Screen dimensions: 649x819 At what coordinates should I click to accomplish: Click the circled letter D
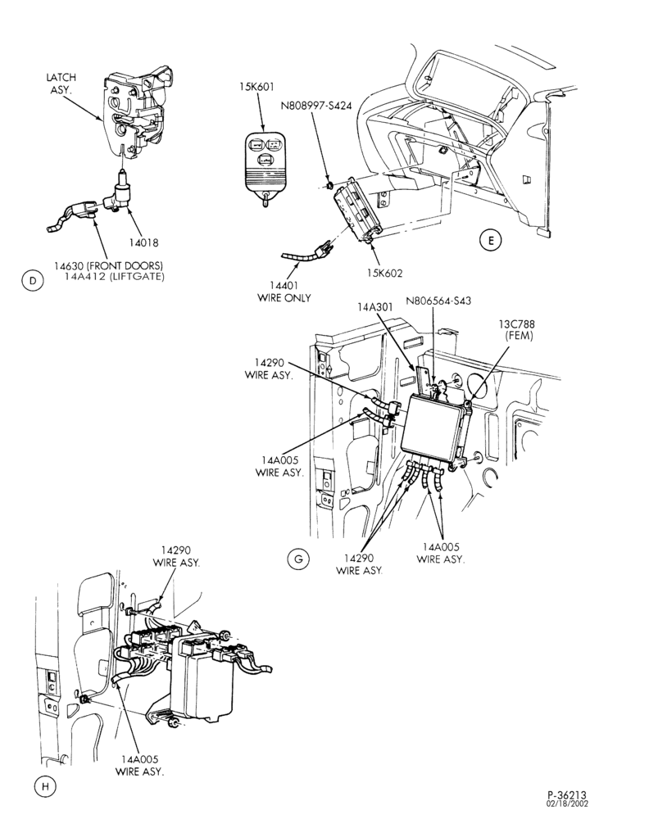click(x=33, y=281)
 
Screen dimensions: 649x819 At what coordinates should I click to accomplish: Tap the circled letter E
click(x=490, y=241)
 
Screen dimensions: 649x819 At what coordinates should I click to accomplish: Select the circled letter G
click(x=298, y=559)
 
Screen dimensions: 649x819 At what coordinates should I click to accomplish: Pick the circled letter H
click(x=45, y=786)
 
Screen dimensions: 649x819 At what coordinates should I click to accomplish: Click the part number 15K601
click(x=256, y=88)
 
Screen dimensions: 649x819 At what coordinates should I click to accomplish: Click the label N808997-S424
click(x=315, y=106)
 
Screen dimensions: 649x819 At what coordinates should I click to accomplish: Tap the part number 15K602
click(x=385, y=273)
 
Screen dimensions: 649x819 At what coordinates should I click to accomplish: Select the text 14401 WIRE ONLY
click(x=284, y=292)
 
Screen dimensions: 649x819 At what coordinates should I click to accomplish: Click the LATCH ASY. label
click(x=62, y=84)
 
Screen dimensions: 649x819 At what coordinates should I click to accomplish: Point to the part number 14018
click(x=143, y=242)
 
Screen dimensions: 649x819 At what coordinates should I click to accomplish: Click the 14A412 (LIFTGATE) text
click(x=114, y=277)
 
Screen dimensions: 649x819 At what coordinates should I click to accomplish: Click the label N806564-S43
click(x=438, y=301)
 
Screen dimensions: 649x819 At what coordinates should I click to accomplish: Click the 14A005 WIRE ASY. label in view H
click(x=139, y=765)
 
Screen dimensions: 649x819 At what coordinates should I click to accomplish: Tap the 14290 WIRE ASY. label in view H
click(x=175, y=556)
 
